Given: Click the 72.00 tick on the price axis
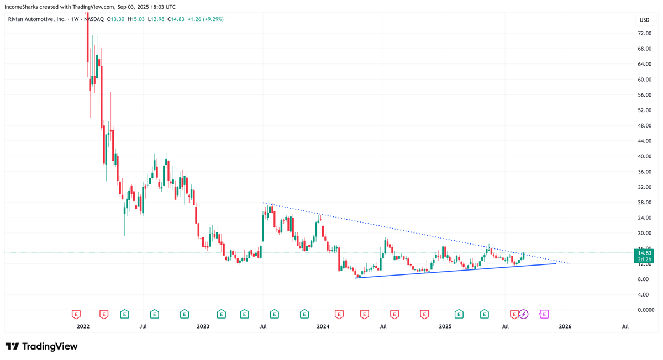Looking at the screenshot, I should tap(644, 33).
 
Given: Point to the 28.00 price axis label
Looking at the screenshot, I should tap(644, 203).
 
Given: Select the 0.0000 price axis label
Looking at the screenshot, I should tap(645, 310).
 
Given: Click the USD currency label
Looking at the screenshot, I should tap(644, 20).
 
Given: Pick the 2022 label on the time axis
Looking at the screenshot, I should tap(83, 326).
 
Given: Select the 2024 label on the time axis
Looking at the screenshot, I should tap(323, 326).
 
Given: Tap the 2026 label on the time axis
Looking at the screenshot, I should tap(565, 326).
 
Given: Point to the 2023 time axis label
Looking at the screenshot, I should tap(203, 326).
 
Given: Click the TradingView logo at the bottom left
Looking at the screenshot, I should tap(41, 346).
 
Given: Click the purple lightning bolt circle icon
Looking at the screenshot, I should tap(524, 314).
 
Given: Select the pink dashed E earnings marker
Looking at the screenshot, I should tap(544, 314).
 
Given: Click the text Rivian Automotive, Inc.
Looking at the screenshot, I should tap(36, 19).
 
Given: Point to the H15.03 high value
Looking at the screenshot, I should tap(136, 19).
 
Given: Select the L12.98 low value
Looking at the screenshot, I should tap(157, 19).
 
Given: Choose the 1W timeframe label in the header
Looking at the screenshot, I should tap(75, 19).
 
